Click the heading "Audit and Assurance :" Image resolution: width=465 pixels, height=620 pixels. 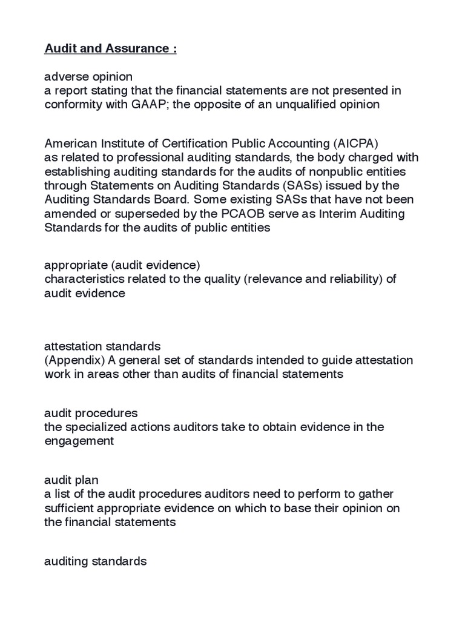pyautogui.click(x=110, y=48)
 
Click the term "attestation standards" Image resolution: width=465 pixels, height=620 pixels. pyautogui.click(x=102, y=346)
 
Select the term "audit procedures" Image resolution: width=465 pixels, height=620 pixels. pyautogui.click(x=91, y=414)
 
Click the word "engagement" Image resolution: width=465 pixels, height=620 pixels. pyautogui.click(x=79, y=441)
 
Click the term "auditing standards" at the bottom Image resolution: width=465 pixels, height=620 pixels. pyautogui.click(x=96, y=561)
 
